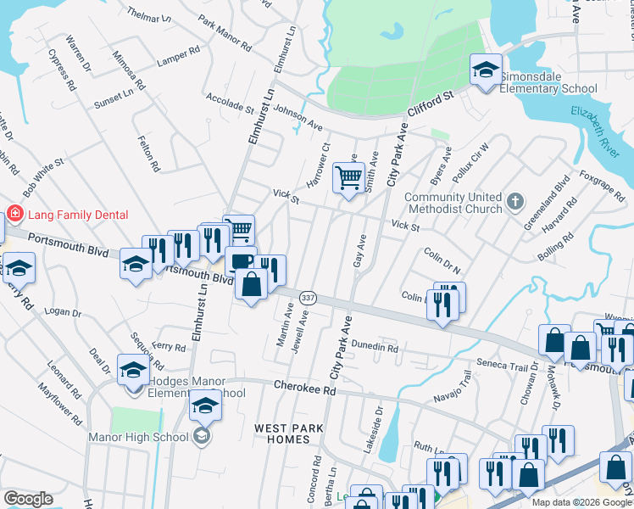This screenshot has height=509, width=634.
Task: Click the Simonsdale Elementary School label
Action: coord(548,82)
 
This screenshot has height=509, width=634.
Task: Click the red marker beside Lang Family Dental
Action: coord(14,212)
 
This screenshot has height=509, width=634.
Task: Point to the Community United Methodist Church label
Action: coord(453,204)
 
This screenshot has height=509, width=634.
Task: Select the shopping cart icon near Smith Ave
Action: coord(348,178)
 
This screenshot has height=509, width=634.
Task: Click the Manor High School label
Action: coord(138,438)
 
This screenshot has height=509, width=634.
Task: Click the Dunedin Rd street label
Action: coord(375,347)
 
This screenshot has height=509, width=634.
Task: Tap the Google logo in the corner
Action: coord(28,499)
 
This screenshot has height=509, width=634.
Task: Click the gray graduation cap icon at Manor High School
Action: coord(201,436)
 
